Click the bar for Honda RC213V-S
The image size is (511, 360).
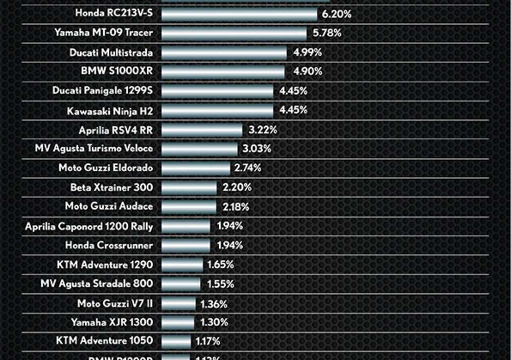coord(239,14)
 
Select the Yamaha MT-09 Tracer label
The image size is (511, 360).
coord(103,33)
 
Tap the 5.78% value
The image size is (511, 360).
coord(327,34)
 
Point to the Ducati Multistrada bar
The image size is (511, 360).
coord(224,53)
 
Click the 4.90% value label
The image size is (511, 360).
coord(308,72)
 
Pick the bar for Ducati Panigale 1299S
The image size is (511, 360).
coord(217,91)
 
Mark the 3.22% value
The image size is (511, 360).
coord(263,130)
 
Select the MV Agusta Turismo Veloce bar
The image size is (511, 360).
coord(199,149)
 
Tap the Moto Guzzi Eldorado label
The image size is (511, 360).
coord(106,168)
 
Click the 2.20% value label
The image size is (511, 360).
coord(237,188)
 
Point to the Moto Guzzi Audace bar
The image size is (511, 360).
coord(189,207)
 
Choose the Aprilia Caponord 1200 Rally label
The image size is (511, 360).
coord(89,226)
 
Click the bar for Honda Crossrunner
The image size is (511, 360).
coord(185,245)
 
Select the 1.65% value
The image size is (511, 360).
coord(220,265)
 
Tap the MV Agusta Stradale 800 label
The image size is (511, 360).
coord(97,284)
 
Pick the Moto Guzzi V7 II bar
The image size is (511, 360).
coord(178,304)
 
